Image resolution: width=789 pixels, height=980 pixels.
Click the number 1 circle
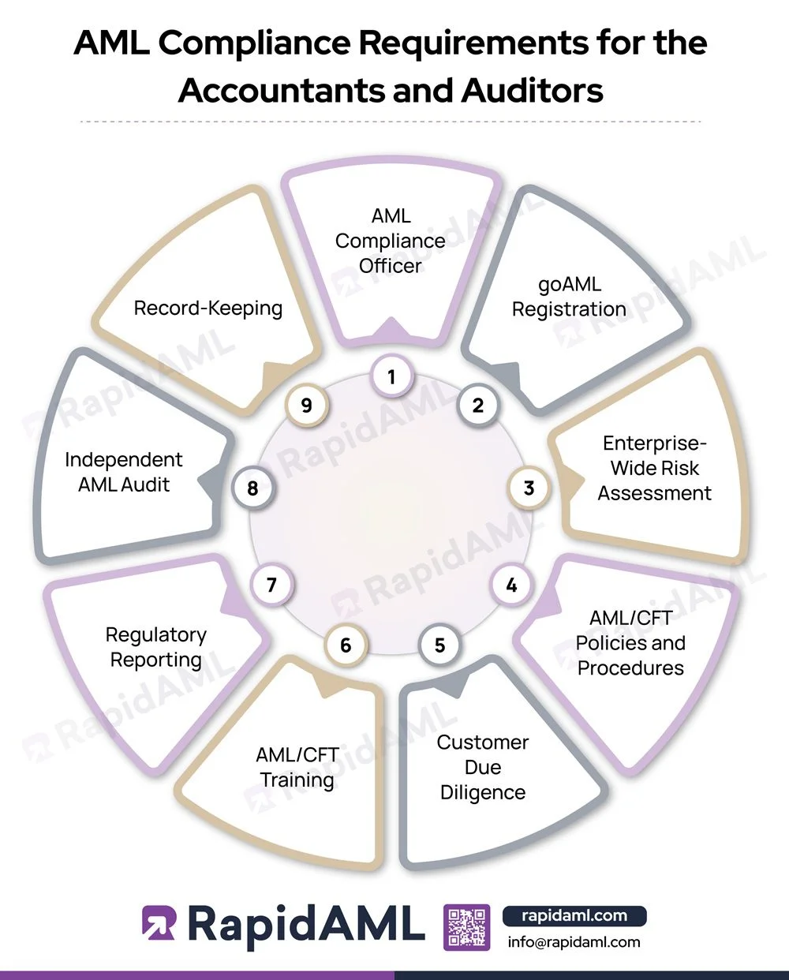391,377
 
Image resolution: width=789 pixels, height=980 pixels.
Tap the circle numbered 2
477,406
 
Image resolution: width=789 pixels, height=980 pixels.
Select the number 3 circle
529,488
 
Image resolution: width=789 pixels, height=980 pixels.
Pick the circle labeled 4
511,585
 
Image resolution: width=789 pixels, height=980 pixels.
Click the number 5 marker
439,645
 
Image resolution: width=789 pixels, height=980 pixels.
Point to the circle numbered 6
346,645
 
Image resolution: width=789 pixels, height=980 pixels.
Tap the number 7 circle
271,585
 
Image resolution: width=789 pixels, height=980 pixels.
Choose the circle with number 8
252,488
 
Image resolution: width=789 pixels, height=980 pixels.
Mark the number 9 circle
307,406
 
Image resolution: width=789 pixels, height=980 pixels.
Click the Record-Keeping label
208,308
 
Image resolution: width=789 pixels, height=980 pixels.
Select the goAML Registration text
569,296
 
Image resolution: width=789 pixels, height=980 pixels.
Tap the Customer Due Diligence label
483,767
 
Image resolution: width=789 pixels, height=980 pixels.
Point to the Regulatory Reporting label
156,647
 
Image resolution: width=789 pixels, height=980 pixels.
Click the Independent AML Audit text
124,472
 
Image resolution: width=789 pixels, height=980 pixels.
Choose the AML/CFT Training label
297,767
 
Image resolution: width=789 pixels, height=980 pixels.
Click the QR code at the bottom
467,927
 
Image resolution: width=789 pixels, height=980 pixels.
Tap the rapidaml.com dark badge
574,916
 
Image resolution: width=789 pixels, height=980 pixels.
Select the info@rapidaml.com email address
574,941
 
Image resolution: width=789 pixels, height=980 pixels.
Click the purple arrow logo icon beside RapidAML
159,923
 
